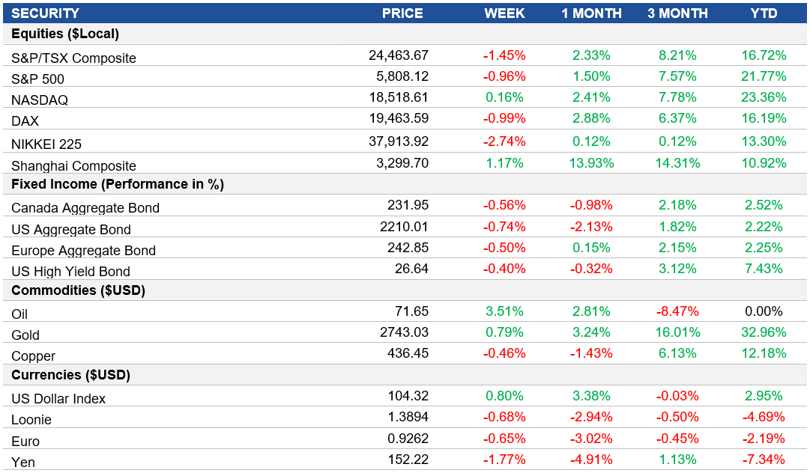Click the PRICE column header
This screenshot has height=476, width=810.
point(402,13)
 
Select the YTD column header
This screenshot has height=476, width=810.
point(764,13)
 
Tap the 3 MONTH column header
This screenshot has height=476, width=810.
point(677,13)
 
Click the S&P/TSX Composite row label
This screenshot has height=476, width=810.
point(74,58)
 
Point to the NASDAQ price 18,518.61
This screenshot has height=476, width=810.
point(398,97)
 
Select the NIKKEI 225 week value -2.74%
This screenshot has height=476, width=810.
point(504,141)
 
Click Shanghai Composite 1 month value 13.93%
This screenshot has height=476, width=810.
point(591,163)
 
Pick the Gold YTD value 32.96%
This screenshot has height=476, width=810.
point(764,332)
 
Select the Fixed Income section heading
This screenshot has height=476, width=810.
point(118,184)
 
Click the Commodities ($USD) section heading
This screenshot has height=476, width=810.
point(79,290)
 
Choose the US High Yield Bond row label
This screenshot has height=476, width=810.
point(71,272)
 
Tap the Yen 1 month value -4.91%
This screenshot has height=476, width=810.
point(591,460)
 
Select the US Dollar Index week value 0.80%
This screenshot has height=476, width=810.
point(504,396)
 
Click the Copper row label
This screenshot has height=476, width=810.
point(34,356)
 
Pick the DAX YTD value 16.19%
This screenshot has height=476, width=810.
point(764,118)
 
